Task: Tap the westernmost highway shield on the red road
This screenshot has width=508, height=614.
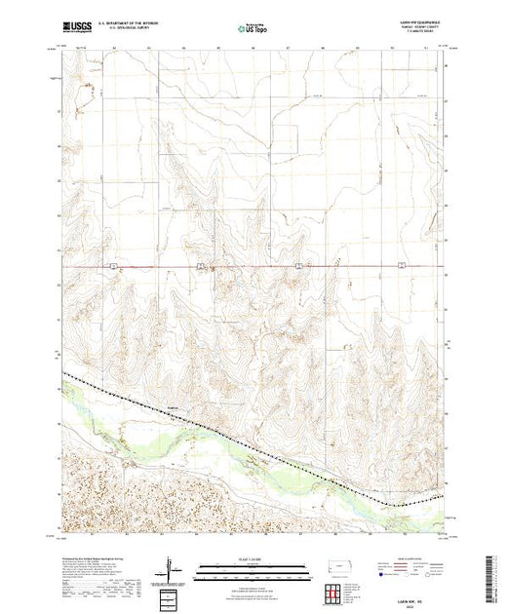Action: (x=113, y=265)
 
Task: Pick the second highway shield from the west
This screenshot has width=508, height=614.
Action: (x=200, y=265)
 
